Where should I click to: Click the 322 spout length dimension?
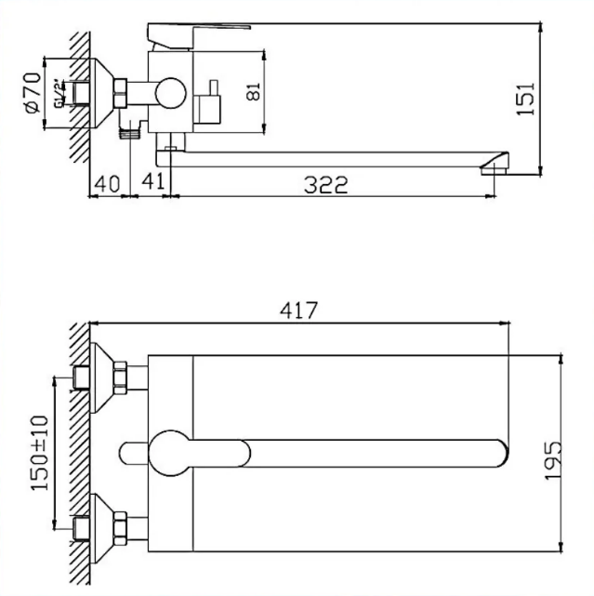(x=325, y=185)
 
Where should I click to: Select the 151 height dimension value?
(x=526, y=98)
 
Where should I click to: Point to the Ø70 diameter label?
(x=31, y=93)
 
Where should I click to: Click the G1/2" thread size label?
(x=58, y=94)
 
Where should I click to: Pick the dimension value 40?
(x=108, y=184)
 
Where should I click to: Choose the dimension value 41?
(x=152, y=184)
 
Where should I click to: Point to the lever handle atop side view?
(x=200, y=33)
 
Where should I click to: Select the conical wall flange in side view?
(x=101, y=92)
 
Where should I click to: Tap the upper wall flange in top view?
(x=104, y=377)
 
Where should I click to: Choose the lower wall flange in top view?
(x=104, y=532)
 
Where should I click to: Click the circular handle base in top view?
(x=173, y=453)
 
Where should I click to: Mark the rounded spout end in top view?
(x=498, y=454)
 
